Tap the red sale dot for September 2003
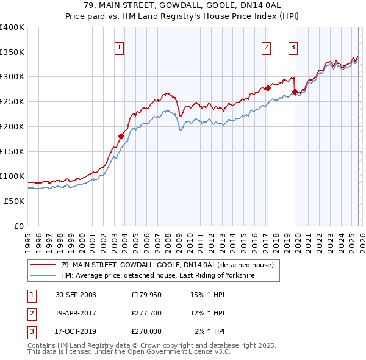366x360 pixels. point(121,136)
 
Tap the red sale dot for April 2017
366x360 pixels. point(267,88)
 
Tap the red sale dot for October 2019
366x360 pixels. point(295,92)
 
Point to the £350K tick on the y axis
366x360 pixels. point(12,52)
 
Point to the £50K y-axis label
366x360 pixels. point(13,201)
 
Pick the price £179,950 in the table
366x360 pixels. point(146,295)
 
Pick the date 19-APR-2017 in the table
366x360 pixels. point(76,313)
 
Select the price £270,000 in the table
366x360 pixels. point(146,331)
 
